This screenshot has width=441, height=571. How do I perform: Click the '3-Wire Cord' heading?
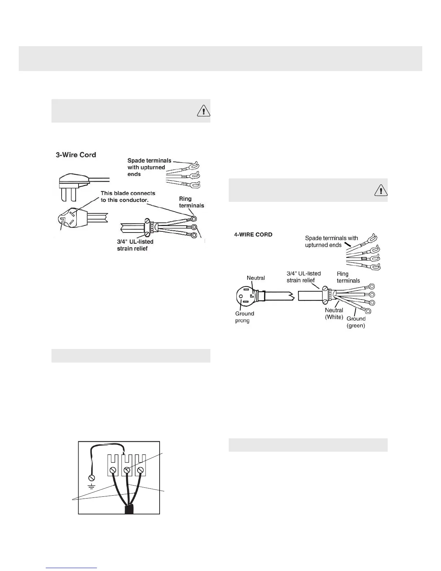[x=76, y=155]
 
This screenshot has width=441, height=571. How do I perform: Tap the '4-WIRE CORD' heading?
[x=253, y=235]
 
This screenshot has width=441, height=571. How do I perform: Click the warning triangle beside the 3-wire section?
[x=204, y=110]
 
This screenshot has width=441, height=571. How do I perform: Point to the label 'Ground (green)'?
[x=356, y=322]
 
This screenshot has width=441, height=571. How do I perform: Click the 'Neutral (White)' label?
[x=334, y=314]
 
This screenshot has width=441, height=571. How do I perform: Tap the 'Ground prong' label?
[x=245, y=317]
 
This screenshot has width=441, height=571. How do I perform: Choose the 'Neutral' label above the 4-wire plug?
[x=256, y=278]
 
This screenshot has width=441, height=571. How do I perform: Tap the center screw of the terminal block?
[x=126, y=470]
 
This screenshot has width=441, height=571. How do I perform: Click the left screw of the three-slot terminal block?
[x=112, y=470]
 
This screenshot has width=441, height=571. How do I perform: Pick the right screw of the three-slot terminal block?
[x=141, y=470]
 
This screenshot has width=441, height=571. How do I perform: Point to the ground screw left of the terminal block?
[x=92, y=478]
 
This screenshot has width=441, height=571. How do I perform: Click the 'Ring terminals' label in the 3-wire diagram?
[x=191, y=202]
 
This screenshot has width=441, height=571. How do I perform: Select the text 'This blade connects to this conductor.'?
[x=128, y=196]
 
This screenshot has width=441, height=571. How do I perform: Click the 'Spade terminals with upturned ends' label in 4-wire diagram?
[x=331, y=242]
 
